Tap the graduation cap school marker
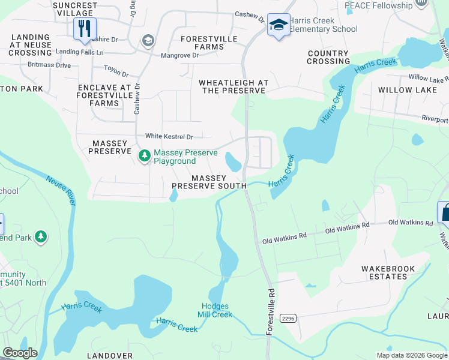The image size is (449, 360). point(278,25)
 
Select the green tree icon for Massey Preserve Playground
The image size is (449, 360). point(145,157)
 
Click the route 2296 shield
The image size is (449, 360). point(288,318)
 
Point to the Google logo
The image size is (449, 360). point(20,353)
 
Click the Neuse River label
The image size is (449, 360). point(61,191)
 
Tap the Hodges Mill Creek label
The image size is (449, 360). point(214,310)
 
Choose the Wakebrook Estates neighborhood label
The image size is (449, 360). point(384,272)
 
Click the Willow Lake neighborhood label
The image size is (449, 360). point(403,90)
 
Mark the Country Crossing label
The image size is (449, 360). point(328,57)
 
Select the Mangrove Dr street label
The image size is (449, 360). point(179,55)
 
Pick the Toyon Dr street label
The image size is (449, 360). point(116,71)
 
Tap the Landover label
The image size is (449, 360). point(109,356)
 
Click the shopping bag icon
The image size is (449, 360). point(445,212)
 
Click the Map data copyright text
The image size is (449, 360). point(411,355)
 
